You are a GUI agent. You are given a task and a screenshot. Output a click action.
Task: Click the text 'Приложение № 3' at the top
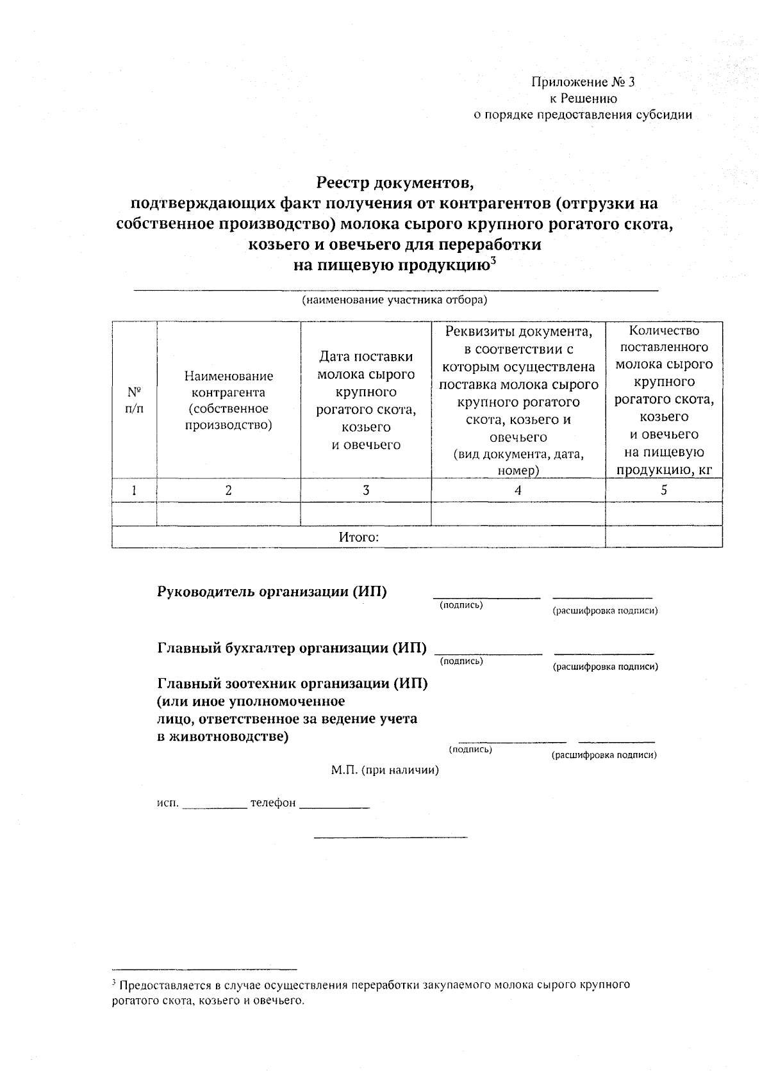pyautogui.click(x=583, y=82)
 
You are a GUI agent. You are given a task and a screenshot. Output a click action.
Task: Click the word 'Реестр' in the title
pyautogui.click(x=343, y=184)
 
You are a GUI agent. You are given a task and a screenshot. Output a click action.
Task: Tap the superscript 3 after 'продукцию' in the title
pyautogui.click(x=493, y=260)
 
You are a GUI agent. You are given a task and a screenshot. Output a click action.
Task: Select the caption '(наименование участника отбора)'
pyautogui.click(x=395, y=300)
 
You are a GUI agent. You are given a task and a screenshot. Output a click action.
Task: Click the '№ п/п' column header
pyautogui.click(x=134, y=400)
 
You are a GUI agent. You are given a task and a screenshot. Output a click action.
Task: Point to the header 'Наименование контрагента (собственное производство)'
pyautogui.click(x=229, y=400)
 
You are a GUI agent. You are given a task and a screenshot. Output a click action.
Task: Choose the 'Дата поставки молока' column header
pyautogui.click(x=366, y=400)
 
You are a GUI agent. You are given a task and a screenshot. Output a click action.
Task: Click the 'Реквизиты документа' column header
pyautogui.click(x=518, y=400)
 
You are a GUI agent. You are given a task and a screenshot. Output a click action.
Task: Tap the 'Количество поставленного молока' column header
pyautogui.click(x=664, y=400)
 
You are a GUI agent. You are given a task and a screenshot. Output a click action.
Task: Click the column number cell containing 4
pyautogui.click(x=518, y=490)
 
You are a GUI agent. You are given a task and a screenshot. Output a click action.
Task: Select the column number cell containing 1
pyautogui.click(x=134, y=490)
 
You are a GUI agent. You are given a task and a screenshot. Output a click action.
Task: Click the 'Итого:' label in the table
pyautogui.click(x=359, y=537)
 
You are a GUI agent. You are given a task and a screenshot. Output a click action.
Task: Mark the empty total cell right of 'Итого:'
pyautogui.click(x=664, y=537)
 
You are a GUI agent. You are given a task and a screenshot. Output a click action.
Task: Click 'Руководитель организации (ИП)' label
pyautogui.click(x=272, y=591)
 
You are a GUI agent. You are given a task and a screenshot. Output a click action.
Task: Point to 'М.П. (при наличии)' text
pyautogui.click(x=385, y=770)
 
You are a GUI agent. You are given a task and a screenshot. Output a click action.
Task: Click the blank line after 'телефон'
pyautogui.click(x=335, y=806)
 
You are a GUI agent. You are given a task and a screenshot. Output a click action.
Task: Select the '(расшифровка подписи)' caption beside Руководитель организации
pyautogui.click(x=605, y=611)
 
